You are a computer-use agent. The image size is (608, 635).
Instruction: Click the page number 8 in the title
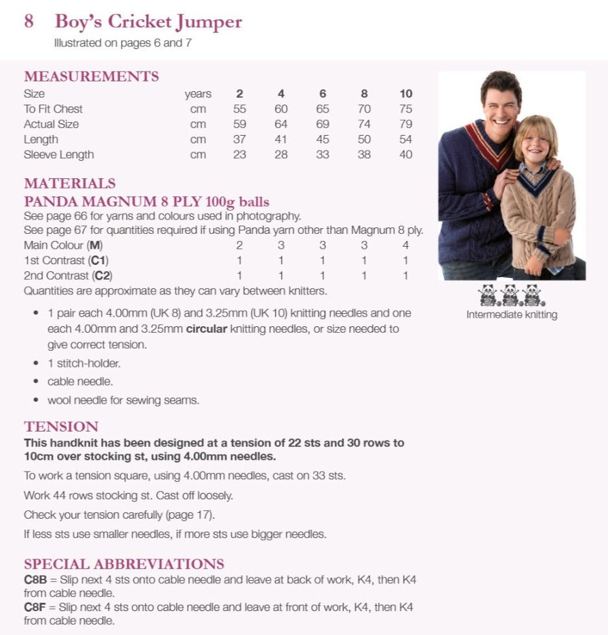[x=29, y=21]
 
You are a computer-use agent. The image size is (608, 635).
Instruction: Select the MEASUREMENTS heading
[x=91, y=76]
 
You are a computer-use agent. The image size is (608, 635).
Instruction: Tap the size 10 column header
[x=406, y=94]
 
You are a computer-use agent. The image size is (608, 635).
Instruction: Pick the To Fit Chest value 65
[x=323, y=109]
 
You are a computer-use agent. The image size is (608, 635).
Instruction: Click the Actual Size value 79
[x=406, y=124]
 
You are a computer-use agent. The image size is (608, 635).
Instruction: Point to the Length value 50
[x=364, y=140]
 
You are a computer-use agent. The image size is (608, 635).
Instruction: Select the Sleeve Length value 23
[x=239, y=155]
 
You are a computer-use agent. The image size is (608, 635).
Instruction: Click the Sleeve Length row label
[x=59, y=155]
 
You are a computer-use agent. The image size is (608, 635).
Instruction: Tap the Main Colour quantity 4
[x=406, y=245]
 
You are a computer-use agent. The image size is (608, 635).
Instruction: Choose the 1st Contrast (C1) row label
[x=66, y=260]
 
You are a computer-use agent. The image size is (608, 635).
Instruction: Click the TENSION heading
[x=61, y=426]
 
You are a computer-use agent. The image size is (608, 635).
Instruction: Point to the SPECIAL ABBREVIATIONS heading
[x=124, y=563]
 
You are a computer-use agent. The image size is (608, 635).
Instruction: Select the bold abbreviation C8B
[x=34, y=579]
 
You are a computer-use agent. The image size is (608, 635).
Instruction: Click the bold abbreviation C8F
[x=34, y=607]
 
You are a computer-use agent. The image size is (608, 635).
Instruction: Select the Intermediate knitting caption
[x=512, y=315]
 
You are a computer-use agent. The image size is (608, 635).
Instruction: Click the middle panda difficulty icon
[x=511, y=295]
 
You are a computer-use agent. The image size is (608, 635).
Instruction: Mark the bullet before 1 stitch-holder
[x=35, y=363]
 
